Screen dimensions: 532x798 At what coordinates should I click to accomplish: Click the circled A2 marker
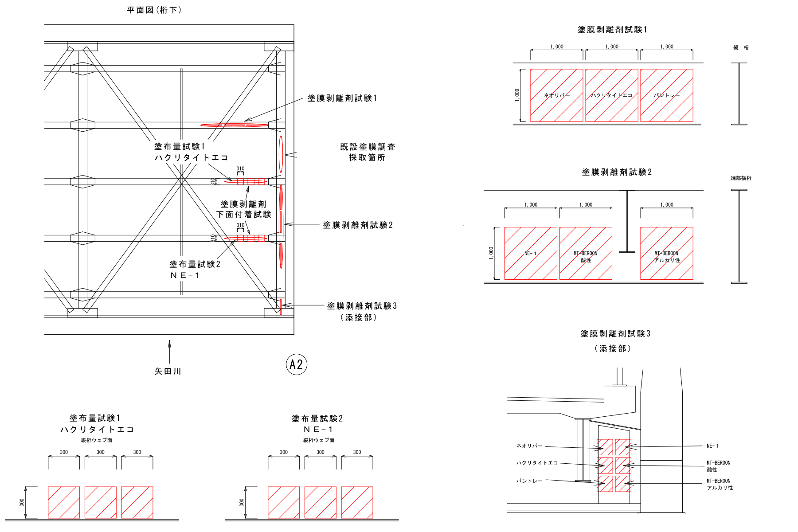296,364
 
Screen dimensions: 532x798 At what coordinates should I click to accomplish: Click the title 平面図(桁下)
154,10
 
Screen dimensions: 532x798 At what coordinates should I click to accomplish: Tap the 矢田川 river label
168,372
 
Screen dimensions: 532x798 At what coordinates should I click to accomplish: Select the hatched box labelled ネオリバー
556,95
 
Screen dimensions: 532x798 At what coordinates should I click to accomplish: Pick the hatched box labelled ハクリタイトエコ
611,95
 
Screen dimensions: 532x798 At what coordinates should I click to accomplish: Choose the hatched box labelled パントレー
666,95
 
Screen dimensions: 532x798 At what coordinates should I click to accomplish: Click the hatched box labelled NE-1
531,253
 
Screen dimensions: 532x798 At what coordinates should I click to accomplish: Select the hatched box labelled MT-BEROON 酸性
586,253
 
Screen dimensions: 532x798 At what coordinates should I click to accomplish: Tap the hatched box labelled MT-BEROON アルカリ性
666,253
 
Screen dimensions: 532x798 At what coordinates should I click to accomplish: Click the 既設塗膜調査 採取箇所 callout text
367,152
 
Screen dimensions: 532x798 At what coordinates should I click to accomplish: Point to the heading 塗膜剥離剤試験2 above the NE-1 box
616,172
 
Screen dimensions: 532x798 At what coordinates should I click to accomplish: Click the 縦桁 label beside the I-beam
741,47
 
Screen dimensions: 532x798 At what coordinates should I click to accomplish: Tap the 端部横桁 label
741,178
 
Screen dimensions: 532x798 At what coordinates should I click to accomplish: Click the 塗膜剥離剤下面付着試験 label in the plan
243,209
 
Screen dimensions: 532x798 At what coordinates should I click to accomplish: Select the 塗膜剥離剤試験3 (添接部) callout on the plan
362,311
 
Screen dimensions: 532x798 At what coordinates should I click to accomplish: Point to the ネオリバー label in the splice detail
529,446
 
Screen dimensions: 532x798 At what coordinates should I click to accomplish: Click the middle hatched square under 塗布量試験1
101,502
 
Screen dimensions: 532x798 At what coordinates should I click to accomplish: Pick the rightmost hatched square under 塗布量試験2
357,502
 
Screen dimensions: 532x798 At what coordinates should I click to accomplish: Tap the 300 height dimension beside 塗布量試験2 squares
242,502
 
